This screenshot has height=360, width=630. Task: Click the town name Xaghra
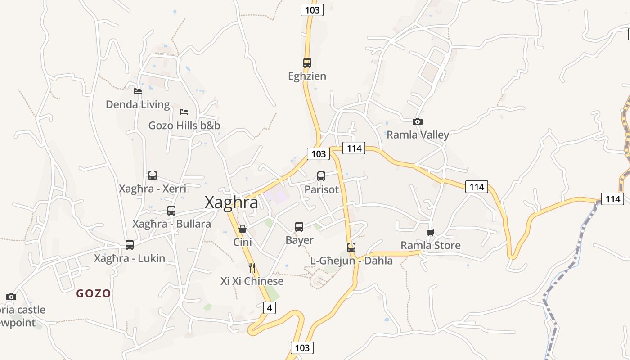click(231, 202)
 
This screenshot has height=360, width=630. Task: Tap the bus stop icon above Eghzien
click(307, 63)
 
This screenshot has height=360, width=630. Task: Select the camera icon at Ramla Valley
click(418, 121)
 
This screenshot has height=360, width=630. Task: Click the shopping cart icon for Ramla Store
click(431, 233)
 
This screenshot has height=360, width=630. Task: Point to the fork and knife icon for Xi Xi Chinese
click(252, 268)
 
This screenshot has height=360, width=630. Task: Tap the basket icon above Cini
click(243, 229)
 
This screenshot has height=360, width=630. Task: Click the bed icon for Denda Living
click(138, 91)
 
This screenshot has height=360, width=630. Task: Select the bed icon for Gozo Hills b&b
click(184, 112)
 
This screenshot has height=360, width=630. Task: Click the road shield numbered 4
click(269, 308)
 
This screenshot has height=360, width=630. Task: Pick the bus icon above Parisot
click(321, 176)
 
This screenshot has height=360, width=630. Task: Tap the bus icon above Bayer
click(299, 227)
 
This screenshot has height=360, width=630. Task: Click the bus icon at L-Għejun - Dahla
click(351, 247)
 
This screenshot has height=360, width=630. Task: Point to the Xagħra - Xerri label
click(153, 189)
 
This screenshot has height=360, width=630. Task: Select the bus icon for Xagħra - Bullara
click(171, 210)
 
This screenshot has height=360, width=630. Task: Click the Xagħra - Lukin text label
click(130, 258)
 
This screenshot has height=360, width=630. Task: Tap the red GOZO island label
click(94, 293)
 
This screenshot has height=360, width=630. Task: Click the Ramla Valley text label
click(418, 135)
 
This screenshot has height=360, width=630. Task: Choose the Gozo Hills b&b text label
click(184, 125)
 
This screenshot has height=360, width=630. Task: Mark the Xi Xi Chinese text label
click(252, 281)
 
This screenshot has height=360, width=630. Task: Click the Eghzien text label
click(307, 76)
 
